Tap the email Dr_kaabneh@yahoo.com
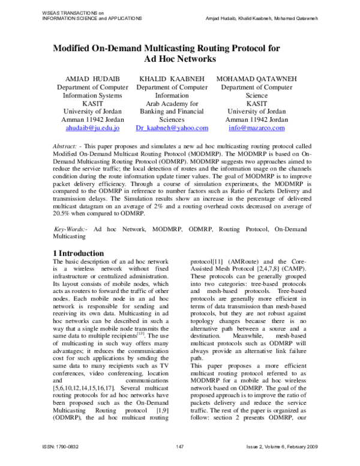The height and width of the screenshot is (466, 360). click(172, 129)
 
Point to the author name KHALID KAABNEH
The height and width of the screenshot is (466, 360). click(172, 79)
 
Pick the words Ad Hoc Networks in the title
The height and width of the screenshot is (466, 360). click(180, 60)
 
